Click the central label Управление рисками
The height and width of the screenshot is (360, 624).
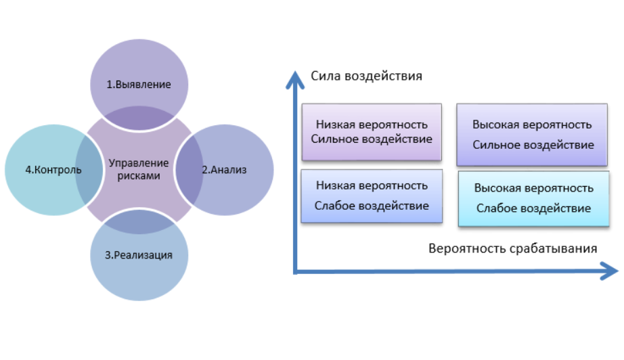[x=139, y=169]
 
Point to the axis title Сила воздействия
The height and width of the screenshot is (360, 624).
[x=366, y=76]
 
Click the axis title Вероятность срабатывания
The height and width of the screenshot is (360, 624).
[x=512, y=248]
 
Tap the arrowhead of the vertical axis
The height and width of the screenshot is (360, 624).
[x=295, y=80]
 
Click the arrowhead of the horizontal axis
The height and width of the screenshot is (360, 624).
[x=609, y=271]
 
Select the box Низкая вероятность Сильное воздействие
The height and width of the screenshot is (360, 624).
[x=372, y=132]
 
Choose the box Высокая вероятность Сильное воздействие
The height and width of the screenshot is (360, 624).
[x=532, y=135]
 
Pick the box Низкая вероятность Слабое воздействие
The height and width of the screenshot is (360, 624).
[x=372, y=196]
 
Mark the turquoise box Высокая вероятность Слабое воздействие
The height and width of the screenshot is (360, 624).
[x=534, y=199]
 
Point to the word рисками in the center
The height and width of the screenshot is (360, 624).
[x=139, y=176]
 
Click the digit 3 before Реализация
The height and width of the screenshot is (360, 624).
[x=108, y=255]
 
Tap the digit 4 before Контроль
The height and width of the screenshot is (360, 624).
[x=28, y=170]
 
